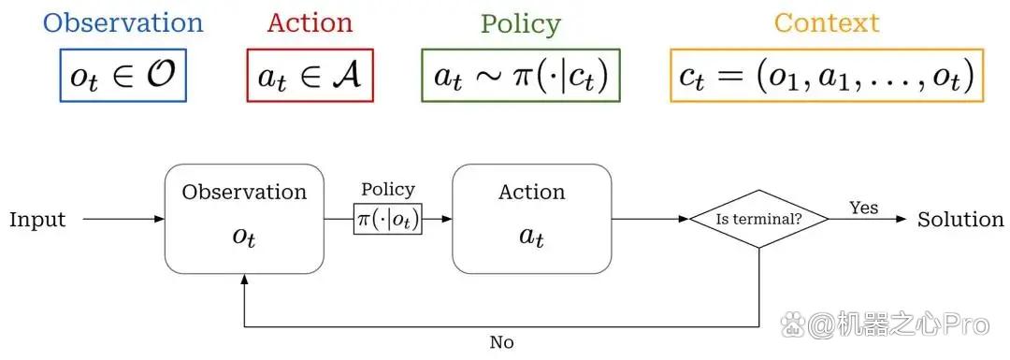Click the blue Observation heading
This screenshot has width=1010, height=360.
point(123,23)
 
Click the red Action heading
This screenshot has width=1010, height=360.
point(310,23)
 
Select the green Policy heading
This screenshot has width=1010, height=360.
point(521,24)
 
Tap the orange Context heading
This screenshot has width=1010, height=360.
point(827,23)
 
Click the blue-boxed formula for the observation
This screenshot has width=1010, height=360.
point(123,76)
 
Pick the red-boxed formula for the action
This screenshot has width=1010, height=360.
point(310,76)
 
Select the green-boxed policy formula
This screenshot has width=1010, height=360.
point(521,76)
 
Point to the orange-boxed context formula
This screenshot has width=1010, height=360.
point(827,76)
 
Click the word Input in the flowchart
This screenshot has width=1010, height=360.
point(37,221)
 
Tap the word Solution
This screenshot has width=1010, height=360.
point(960,220)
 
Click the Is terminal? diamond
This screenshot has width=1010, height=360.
point(758,219)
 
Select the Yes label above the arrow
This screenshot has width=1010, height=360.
point(864,208)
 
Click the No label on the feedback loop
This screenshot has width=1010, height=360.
point(501,342)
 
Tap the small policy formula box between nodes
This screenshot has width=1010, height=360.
point(388,219)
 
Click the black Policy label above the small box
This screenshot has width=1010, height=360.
point(388,190)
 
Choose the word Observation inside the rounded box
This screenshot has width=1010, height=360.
point(244,192)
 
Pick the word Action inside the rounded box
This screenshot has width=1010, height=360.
point(531,192)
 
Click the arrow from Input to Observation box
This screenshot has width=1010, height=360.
point(124,219)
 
